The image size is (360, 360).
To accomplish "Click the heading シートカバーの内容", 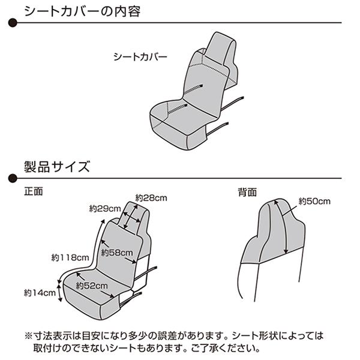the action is click(82, 11).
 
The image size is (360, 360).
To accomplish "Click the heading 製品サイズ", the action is click(57, 167).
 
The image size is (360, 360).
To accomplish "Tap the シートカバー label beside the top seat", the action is click(140, 57).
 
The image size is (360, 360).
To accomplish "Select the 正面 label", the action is click(34, 191).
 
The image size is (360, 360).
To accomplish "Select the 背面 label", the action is click(247, 192).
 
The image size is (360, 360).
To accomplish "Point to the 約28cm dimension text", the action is click(151, 197).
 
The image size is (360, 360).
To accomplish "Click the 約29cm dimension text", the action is click(105, 208).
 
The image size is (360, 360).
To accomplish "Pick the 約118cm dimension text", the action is click(70, 257).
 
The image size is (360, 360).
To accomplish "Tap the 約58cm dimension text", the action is click(117, 253).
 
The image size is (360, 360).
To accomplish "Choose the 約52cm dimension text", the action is click(92, 286).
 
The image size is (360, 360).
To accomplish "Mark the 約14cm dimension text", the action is click(40, 293).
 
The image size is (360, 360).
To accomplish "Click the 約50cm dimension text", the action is click(314, 202).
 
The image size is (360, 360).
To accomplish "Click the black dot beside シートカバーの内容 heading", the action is click(13, 23).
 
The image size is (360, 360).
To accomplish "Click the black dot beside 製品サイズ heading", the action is click(13, 178).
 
